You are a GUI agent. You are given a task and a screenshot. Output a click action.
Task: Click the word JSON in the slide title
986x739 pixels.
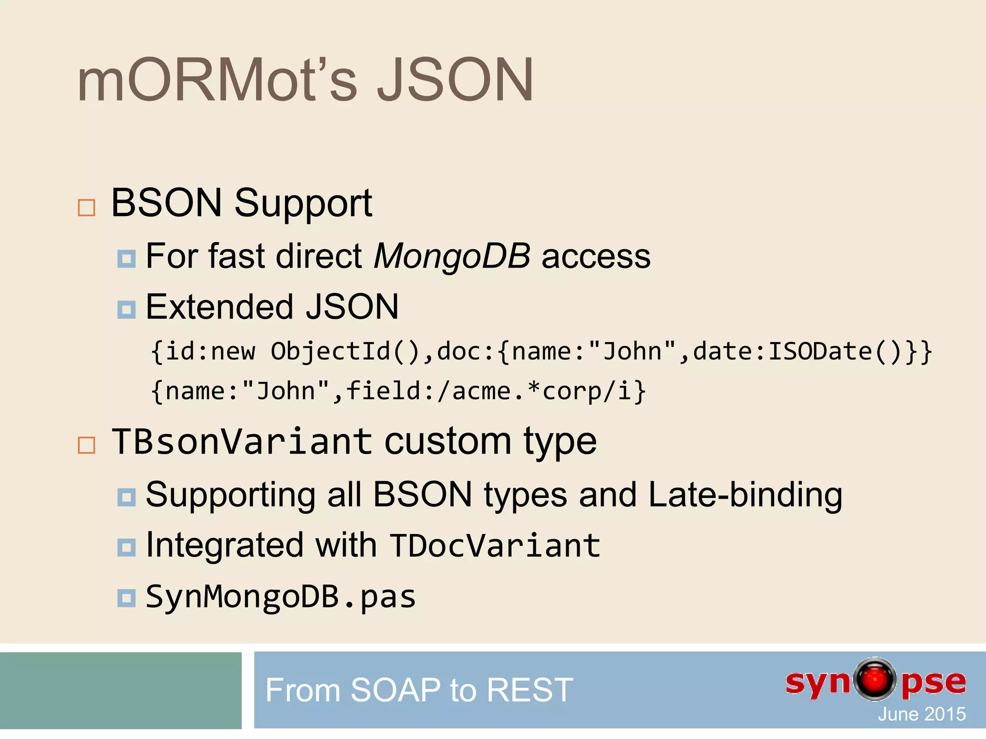click(x=454, y=80)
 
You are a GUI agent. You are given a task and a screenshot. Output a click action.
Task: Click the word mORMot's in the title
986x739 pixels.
click(x=217, y=80)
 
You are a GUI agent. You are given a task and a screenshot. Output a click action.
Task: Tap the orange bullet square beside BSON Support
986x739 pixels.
click(x=87, y=207)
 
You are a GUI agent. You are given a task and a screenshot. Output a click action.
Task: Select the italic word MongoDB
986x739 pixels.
click(x=452, y=256)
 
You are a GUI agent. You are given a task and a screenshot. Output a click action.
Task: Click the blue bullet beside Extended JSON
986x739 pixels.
click(x=127, y=309)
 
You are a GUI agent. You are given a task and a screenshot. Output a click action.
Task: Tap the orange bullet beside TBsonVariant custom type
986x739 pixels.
click(x=87, y=445)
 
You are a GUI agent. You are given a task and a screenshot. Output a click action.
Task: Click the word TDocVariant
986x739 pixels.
click(x=495, y=546)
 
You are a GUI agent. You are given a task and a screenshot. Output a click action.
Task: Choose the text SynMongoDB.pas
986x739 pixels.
click(x=281, y=597)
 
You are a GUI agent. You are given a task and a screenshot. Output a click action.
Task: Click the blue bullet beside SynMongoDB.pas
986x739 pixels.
click(x=127, y=598)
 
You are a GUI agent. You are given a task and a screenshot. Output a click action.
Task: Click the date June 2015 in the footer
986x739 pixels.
click(x=921, y=714)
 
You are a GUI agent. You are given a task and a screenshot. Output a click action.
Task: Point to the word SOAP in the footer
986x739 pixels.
click(x=395, y=690)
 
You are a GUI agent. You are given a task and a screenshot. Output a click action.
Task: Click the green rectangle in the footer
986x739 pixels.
click(x=120, y=690)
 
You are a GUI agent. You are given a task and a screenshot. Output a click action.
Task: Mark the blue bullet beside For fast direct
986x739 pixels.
click(x=127, y=258)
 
